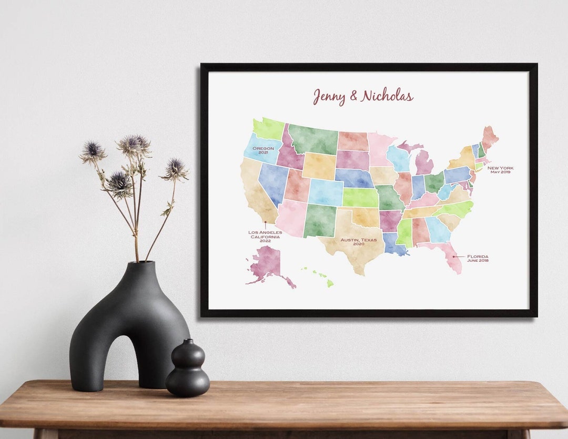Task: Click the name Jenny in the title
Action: click(x=329, y=96)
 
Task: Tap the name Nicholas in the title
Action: click(x=387, y=96)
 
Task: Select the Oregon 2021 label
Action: click(x=263, y=150)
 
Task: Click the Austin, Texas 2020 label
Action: click(x=359, y=241)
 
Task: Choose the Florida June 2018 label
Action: click(x=478, y=258)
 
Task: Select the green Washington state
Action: click(x=269, y=128)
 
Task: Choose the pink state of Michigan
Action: click(x=424, y=162)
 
